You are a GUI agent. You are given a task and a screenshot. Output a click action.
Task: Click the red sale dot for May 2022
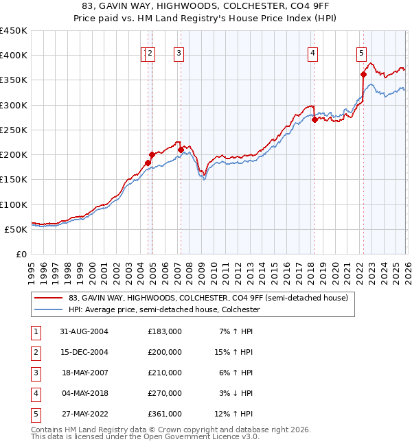point(363,75)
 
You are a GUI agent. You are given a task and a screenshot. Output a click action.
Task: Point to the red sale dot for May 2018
point(314,119)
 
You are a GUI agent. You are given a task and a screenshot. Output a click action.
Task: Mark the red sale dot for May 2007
point(181,150)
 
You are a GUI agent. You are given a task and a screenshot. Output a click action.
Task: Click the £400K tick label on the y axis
point(14,56)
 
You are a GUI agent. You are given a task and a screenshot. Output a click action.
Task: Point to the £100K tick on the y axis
point(14,204)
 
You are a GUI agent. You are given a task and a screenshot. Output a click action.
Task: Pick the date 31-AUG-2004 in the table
point(84,331)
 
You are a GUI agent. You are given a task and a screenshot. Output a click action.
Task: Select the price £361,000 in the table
point(165,414)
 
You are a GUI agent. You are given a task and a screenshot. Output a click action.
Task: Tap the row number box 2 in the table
point(35,352)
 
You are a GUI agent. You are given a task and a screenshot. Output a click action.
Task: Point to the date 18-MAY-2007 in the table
point(84,373)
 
